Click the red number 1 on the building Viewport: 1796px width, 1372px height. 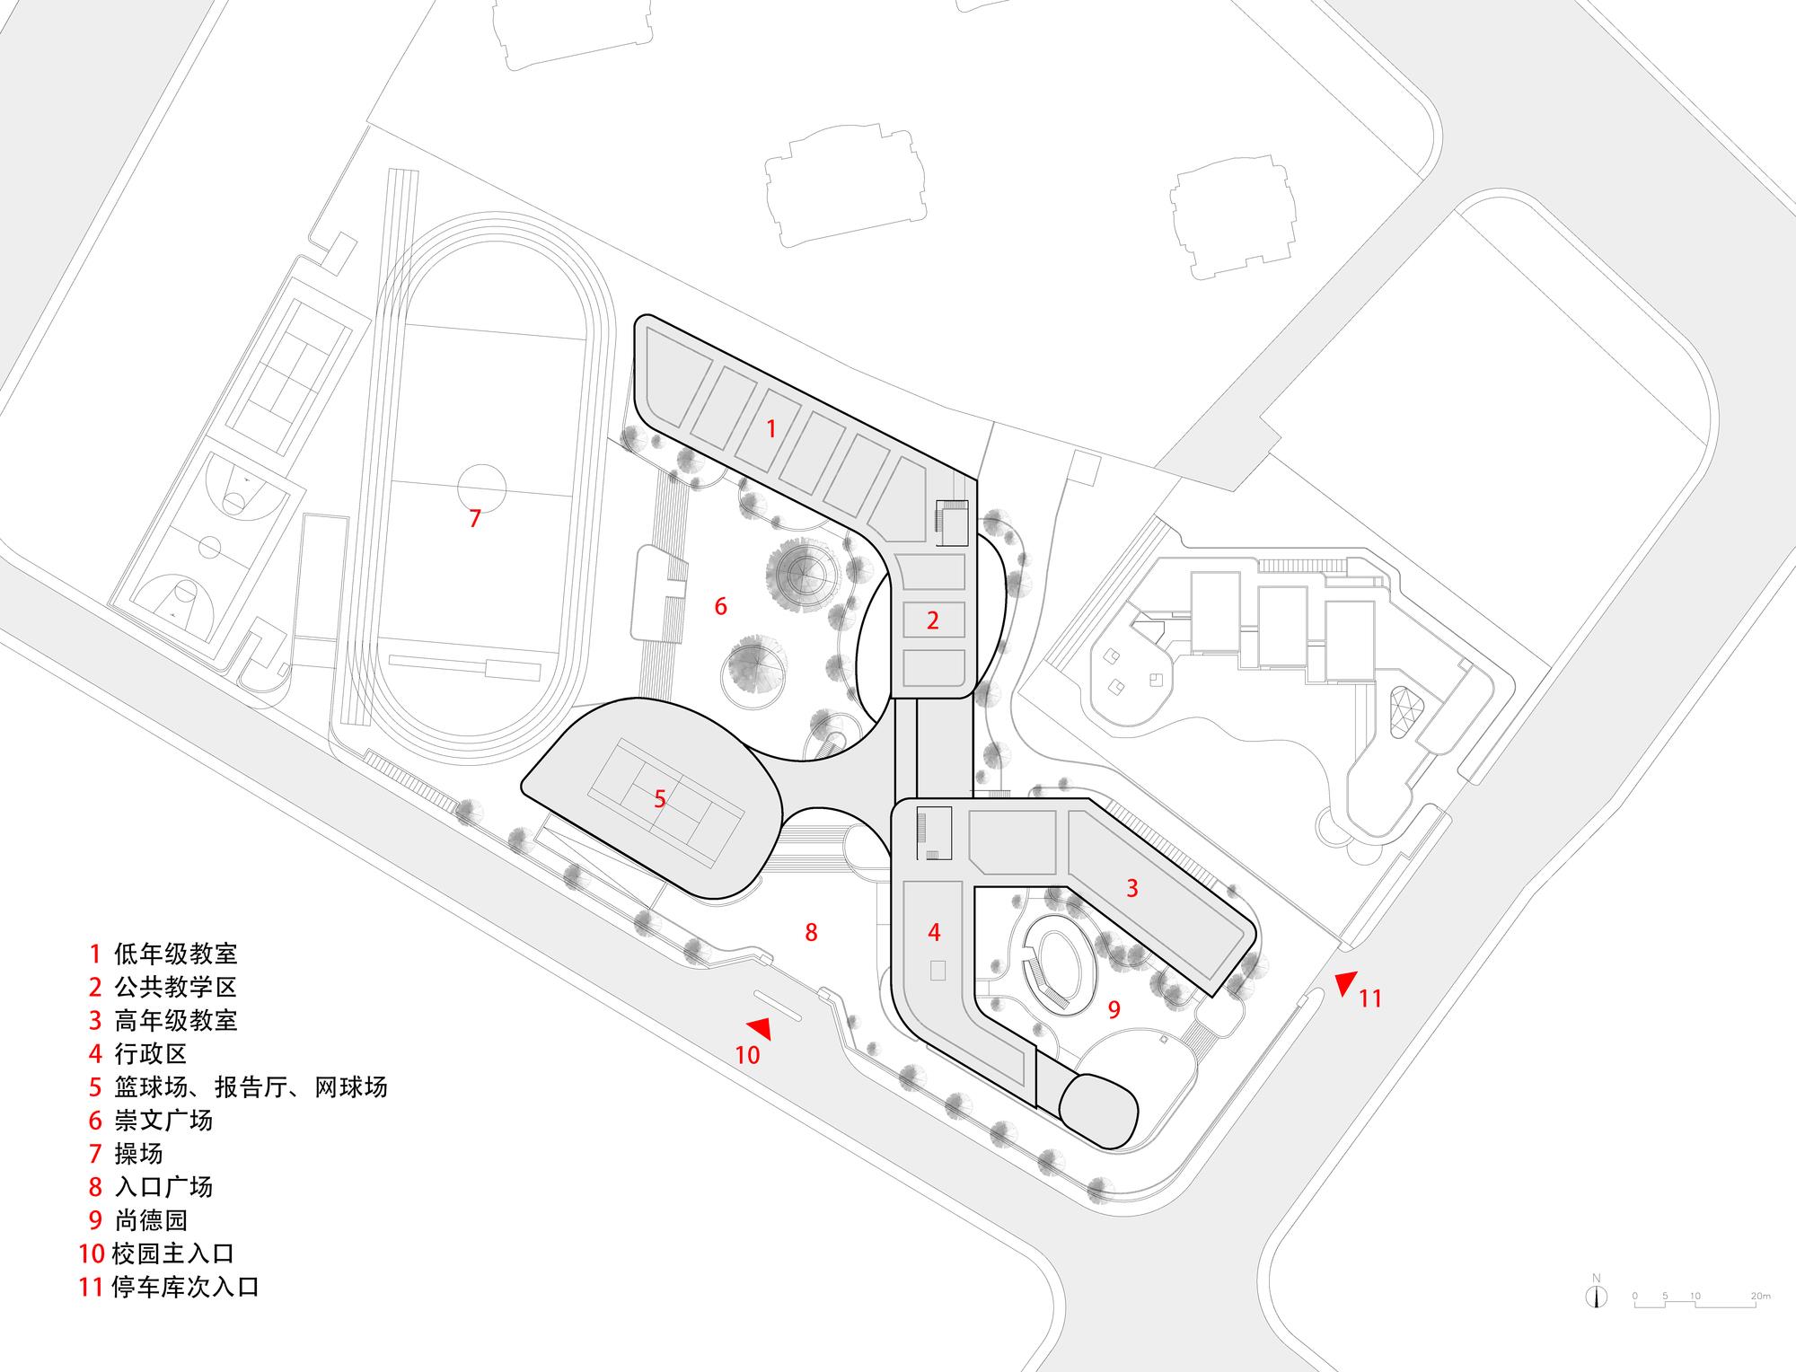770,429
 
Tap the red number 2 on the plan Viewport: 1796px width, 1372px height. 933,620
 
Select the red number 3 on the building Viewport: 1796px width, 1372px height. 1132,888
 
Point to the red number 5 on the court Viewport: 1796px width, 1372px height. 660,798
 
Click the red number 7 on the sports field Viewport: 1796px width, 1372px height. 475,518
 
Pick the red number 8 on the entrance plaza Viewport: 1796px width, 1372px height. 811,932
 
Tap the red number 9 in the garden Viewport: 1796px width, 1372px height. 1114,1009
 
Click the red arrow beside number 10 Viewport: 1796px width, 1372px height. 759,1029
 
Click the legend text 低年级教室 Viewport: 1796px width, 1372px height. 176,954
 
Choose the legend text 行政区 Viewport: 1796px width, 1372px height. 151,1053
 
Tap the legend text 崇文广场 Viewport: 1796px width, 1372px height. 163,1120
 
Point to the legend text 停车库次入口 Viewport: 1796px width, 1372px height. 185,1287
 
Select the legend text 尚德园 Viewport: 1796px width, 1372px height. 151,1220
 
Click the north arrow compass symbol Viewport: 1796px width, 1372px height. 1596,1319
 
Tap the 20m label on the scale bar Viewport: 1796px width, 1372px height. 1760,1321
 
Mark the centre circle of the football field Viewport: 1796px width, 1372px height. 481,488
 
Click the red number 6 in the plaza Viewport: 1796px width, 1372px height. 720,607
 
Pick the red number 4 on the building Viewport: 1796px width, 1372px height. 934,932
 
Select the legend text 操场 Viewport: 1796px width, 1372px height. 138,1153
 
